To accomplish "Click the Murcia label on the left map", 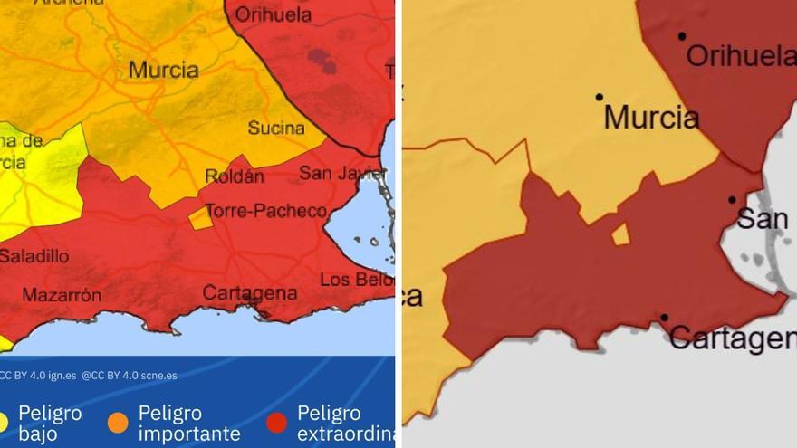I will click(164, 70).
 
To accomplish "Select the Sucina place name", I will click(276, 128).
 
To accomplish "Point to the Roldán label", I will click(235, 176).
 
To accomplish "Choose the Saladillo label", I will click(34, 256).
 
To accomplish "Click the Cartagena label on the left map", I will click(249, 293).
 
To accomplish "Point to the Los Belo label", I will click(357, 279).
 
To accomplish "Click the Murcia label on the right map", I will click(651, 118).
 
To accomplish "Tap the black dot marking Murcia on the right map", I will click(599, 97).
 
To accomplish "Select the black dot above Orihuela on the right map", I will click(681, 36).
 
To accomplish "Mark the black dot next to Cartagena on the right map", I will click(664, 318).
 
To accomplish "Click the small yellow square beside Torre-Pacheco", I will click(199, 217).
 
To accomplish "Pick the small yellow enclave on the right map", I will click(620, 235).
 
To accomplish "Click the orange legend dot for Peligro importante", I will click(118, 423).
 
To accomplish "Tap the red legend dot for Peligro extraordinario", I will click(277, 423).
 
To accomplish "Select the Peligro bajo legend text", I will click(50, 424).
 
